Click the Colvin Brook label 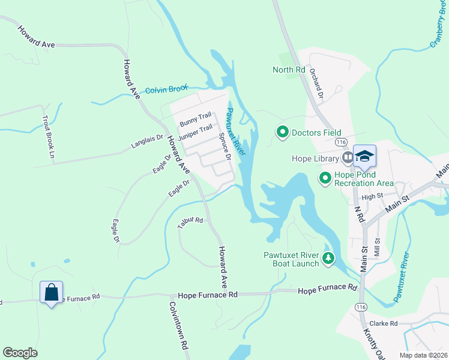tap(167, 89)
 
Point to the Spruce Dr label tap(224, 146)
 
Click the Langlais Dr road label tap(147, 145)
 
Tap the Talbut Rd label tap(191, 223)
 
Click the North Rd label tap(289, 70)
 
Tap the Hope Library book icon tap(348, 158)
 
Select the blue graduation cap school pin tap(364, 157)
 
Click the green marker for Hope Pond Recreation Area tap(325, 178)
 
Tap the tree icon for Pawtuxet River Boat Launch tap(328, 259)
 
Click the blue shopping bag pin tap(51, 293)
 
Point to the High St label tap(372, 196)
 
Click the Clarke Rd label tap(384, 323)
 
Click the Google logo tap(20, 352)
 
